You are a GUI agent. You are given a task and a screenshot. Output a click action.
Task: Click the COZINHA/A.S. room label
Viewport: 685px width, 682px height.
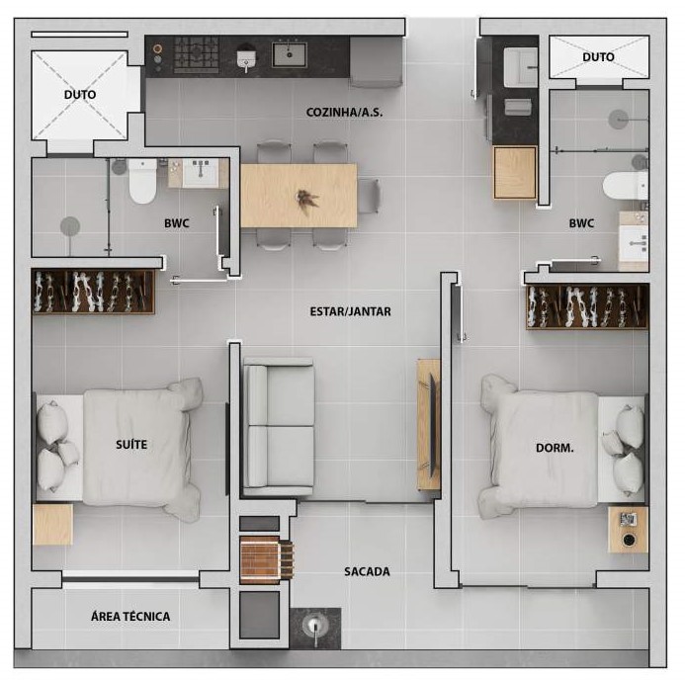click(344, 113)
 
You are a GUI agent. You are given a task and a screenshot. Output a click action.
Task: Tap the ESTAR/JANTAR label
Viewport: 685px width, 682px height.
click(350, 311)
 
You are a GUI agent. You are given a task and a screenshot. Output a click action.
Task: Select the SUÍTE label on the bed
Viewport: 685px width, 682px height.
click(131, 445)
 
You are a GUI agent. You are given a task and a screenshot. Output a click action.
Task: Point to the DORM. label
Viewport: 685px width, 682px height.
click(555, 448)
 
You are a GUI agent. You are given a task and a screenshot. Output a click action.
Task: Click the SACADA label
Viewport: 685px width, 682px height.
click(367, 571)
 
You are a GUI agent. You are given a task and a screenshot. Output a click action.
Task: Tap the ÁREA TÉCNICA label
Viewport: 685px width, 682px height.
click(130, 617)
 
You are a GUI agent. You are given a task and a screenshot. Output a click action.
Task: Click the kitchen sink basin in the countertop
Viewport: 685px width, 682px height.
click(290, 54)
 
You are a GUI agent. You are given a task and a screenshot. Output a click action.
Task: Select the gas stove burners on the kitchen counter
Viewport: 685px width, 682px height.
click(196, 54)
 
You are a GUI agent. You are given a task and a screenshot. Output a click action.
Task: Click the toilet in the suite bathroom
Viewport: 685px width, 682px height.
click(142, 181)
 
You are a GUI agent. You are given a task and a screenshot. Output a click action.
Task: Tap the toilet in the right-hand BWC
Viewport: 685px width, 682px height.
click(625, 185)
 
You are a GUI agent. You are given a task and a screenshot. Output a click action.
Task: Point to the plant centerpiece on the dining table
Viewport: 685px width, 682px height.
click(307, 200)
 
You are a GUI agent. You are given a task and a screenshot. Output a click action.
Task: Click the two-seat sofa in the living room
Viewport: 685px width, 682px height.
click(279, 427)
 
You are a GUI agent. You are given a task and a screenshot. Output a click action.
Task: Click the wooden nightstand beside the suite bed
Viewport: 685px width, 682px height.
click(52, 524)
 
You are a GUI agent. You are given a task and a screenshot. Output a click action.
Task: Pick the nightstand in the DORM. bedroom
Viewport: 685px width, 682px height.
click(628, 530)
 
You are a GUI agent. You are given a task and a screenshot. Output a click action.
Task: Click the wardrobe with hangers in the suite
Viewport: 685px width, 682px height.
click(93, 292)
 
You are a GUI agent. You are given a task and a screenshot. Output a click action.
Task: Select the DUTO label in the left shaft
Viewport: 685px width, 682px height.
click(80, 94)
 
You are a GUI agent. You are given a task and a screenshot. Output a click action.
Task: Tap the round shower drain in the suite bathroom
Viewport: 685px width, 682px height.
click(70, 226)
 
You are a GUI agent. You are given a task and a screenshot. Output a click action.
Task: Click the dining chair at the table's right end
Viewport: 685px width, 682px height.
click(369, 196)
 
